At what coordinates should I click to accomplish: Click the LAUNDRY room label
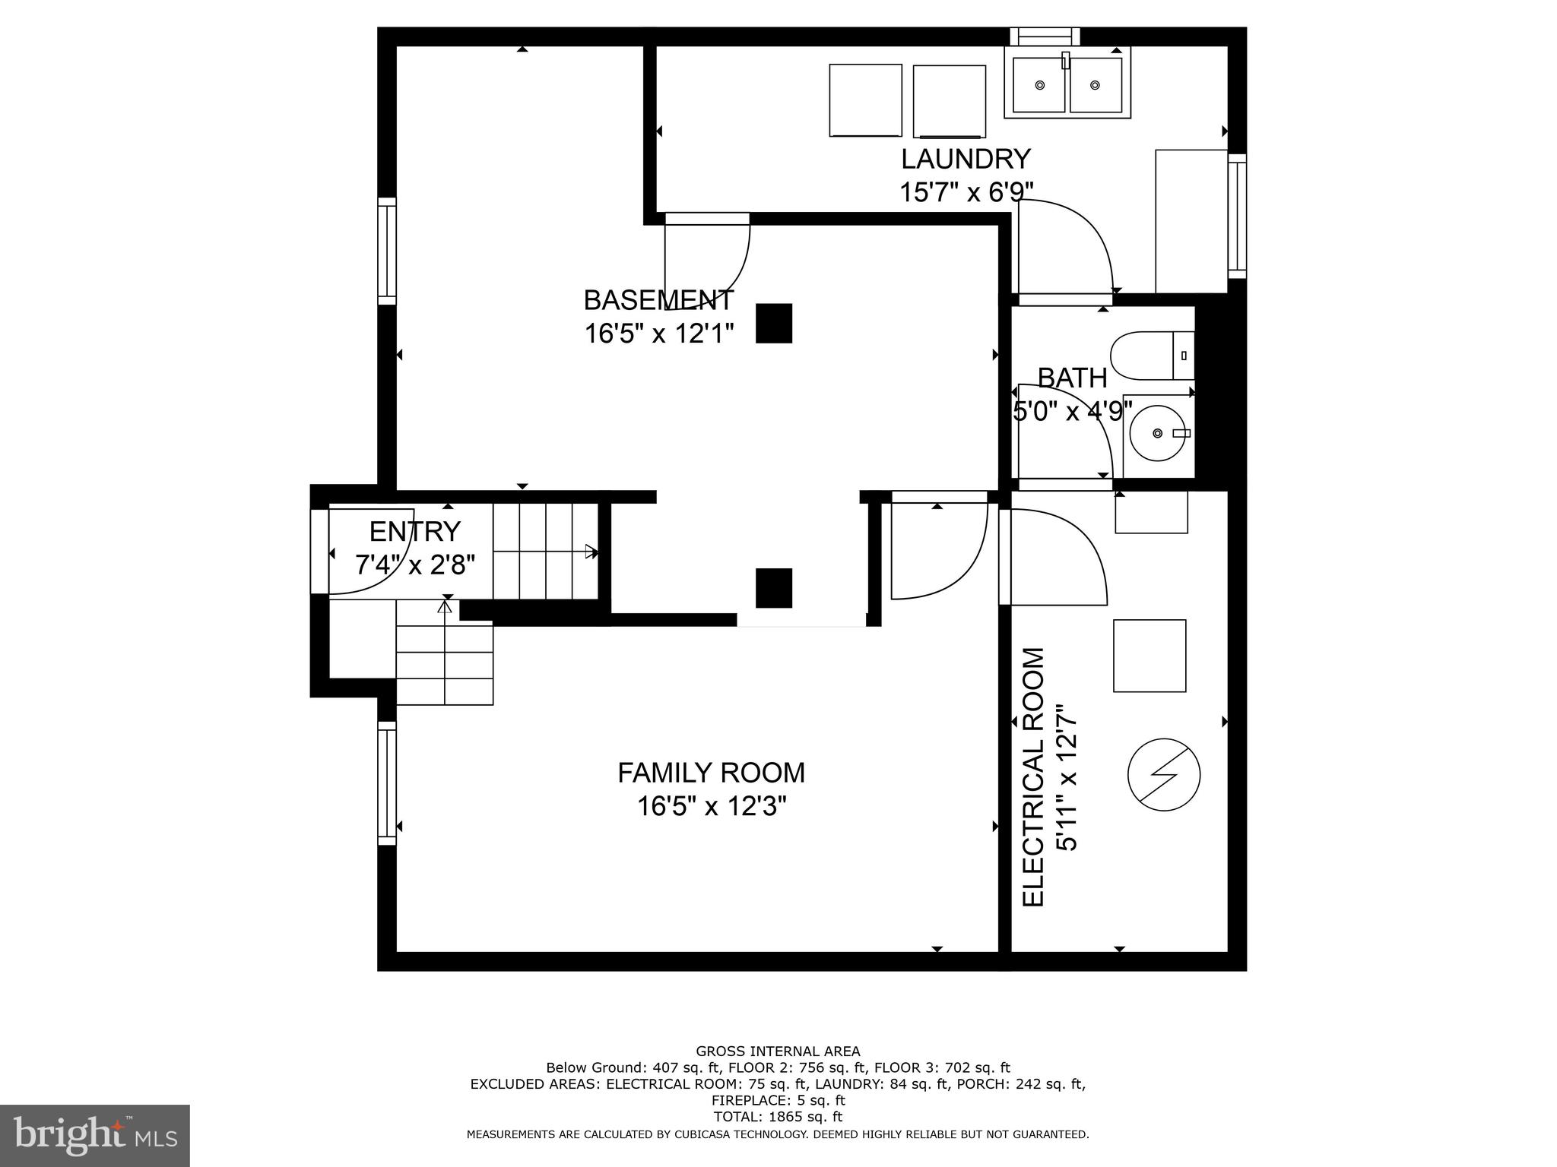[966, 159]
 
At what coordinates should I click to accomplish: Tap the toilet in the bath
[1150, 356]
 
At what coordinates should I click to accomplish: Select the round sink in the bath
[1157, 433]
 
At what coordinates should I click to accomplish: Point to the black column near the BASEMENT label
[774, 324]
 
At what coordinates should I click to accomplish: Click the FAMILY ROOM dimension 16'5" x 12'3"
[711, 806]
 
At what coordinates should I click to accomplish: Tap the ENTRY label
[415, 531]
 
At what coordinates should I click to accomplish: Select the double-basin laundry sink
[1067, 84]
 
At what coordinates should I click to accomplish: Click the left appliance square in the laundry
[865, 100]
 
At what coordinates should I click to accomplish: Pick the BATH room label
[1072, 378]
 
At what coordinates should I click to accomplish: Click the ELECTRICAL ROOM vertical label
[1034, 776]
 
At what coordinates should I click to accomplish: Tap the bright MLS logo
[94, 1135]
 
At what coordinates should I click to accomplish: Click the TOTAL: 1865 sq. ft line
[778, 1117]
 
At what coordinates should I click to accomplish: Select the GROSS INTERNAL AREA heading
[778, 1052]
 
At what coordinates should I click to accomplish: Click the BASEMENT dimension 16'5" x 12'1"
[658, 334]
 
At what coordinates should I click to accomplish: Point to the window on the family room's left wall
[387, 783]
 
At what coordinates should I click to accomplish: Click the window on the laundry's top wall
[1045, 36]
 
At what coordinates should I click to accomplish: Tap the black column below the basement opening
[774, 588]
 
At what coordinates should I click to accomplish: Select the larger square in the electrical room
[1150, 656]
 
